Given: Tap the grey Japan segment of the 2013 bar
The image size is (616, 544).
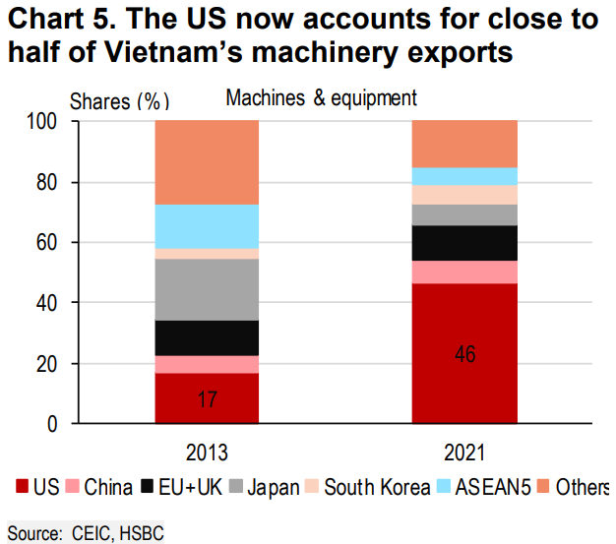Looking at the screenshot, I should [207, 289].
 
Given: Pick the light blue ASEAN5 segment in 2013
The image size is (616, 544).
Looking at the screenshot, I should [207, 226].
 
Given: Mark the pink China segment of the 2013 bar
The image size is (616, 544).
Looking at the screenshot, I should [207, 364].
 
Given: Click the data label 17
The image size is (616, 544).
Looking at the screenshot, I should [207, 400].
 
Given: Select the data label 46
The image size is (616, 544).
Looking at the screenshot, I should [465, 354].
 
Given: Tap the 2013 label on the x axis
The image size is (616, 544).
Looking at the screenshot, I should [207, 453].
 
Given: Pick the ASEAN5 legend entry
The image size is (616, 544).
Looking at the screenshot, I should [493, 486].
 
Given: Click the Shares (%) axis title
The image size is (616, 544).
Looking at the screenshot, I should [118, 99].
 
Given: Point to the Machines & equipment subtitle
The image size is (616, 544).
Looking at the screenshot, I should [321, 97].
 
